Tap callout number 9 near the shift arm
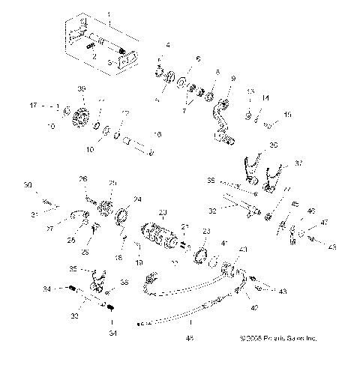[x=233, y=78]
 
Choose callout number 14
[x=264, y=97]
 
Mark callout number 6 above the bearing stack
[x=198, y=58]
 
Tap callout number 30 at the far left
[x=28, y=185]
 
